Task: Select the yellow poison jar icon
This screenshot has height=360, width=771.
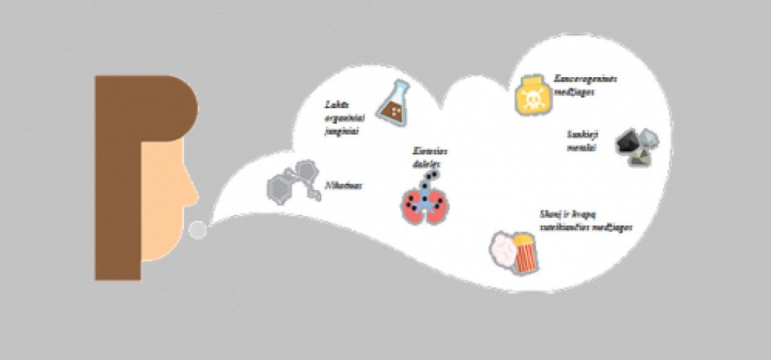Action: pos(531,94)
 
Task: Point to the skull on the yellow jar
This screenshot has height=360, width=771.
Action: pos(531,98)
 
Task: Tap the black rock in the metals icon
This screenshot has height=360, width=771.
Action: pos(629,141)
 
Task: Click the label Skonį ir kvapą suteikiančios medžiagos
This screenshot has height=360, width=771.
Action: pos(584,221)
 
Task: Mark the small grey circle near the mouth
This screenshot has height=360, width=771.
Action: pos(198,230)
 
